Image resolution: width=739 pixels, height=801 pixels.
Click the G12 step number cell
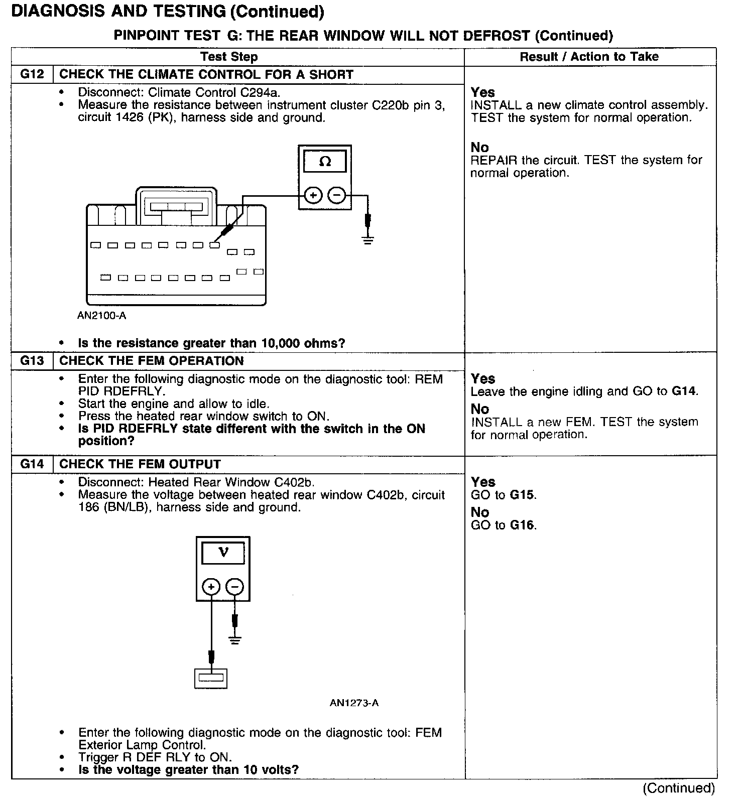32,75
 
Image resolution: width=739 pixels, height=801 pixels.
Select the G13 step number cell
32,361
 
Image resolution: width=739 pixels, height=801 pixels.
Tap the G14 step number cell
32,464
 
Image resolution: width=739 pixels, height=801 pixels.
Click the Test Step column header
229,57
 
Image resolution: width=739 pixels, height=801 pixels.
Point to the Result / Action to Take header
589,57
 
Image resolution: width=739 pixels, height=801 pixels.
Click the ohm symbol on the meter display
325,162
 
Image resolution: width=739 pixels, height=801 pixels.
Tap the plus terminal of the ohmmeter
313,195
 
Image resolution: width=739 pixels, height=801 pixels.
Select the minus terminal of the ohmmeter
337,195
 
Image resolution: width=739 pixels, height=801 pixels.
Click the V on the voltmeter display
223,553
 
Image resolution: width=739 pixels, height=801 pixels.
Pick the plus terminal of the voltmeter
211,586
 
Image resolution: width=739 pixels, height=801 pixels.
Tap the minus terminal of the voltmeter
234,586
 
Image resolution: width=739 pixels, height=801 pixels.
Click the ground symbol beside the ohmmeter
368,239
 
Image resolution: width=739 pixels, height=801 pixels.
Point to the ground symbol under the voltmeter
234,640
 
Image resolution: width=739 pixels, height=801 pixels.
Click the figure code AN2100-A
102,316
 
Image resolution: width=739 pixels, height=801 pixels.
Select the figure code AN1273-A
354,703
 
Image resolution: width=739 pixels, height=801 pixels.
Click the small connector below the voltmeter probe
211,678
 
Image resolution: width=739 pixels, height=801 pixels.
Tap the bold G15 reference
522,495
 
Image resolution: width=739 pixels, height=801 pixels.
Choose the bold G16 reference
522,525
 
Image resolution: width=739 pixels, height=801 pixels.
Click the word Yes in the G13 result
483,379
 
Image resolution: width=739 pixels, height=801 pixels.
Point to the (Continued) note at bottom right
678,788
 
